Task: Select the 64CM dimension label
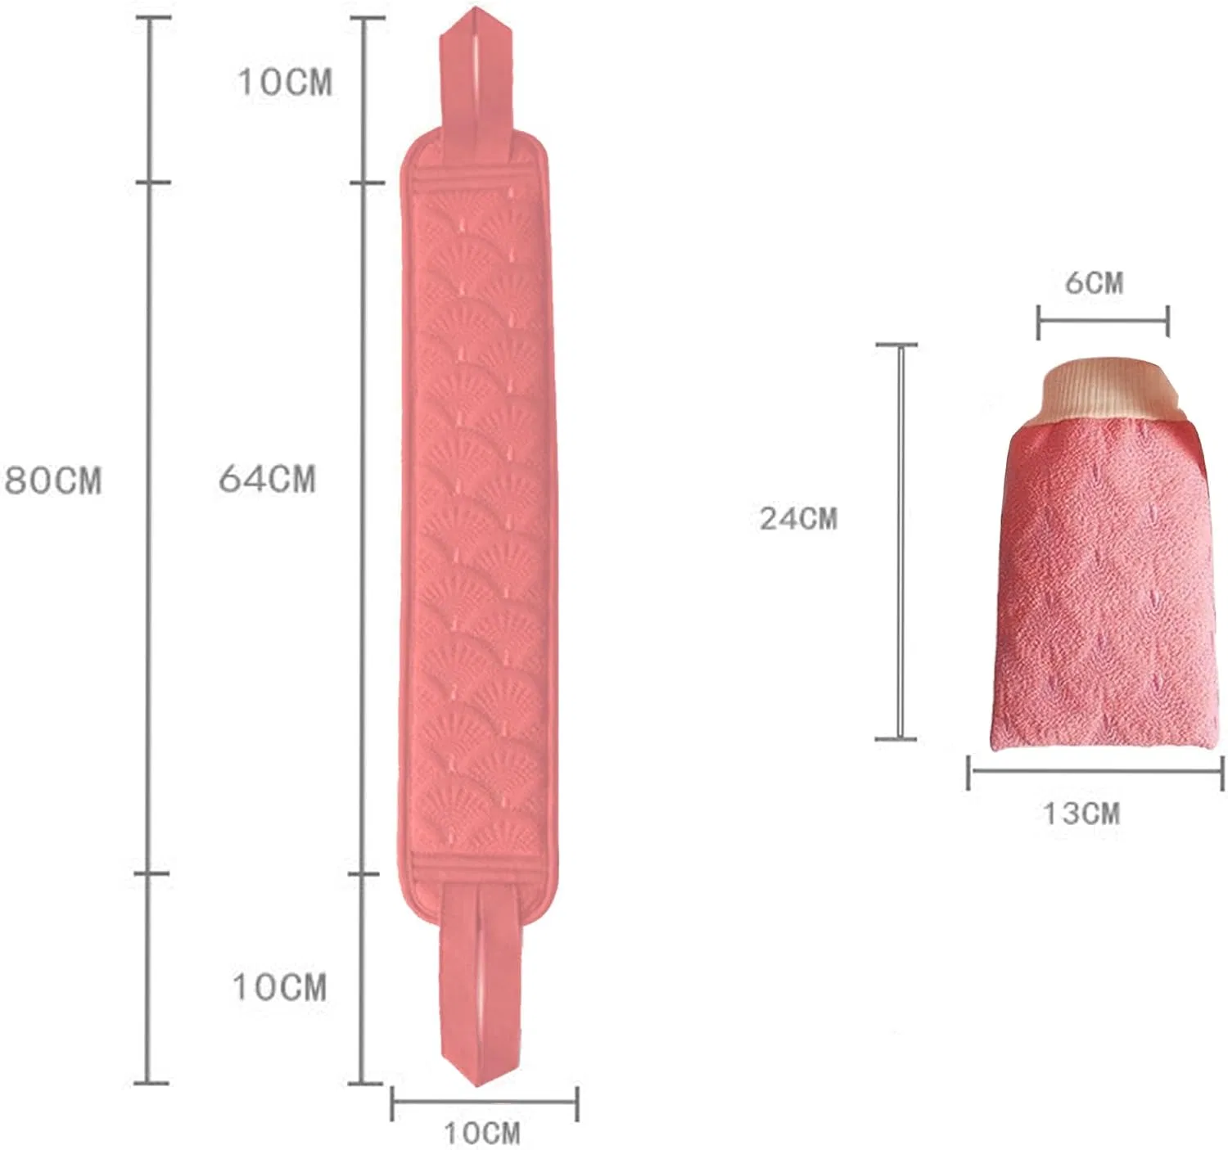(267, 479)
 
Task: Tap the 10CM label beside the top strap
(285, 82)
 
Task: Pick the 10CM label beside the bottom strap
(279, 987)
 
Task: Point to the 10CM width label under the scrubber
(482, 1134)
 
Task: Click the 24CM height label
(798, 519)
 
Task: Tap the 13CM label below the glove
(1081, 814)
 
